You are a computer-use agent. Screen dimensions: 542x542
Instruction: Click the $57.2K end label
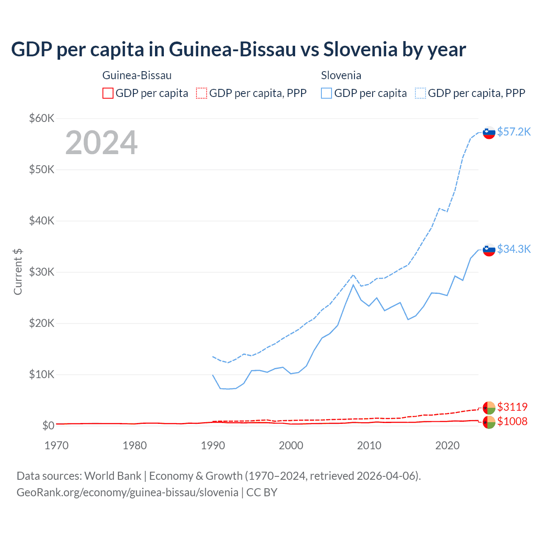click(x=514, y=132)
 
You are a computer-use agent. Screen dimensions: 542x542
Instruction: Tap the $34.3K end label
click(x=514, y=249)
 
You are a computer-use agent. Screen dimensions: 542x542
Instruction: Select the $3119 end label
click(x=512, y=407)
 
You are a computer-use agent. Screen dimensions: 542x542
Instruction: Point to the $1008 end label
click(x=512, y=421)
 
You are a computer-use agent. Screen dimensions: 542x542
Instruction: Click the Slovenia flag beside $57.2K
click(x=489, y=133)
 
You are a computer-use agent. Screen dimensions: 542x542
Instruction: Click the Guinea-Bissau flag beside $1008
click(x=489, y=422)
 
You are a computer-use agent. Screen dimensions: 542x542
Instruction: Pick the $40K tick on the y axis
click(x=41, y=221)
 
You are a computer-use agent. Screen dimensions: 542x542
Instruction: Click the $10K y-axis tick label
click(x=41, y=374)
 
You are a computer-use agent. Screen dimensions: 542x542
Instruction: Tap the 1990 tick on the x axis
click(x=213, y=445)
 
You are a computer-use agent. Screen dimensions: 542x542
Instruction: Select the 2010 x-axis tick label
click(x=369, y=445)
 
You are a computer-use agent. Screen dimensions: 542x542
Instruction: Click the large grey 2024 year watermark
click(x=101, y=143)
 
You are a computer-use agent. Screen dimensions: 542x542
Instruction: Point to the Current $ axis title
click(x=18, y=271)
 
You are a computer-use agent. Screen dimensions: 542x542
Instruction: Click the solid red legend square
click(x=108, y=93)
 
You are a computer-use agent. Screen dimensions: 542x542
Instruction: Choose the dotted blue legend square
click(x=420, y=93)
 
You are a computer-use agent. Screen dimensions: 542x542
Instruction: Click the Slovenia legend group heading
click(x=341, y=75)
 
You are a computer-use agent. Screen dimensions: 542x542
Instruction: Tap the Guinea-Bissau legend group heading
click(x=137, y=75)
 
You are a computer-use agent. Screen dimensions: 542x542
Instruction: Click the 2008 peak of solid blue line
click(x=353, y=285)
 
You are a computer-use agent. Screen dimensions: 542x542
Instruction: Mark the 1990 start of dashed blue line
click(x=213, y=357)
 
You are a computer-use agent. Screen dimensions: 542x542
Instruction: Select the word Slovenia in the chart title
click(x=361, y=50)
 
